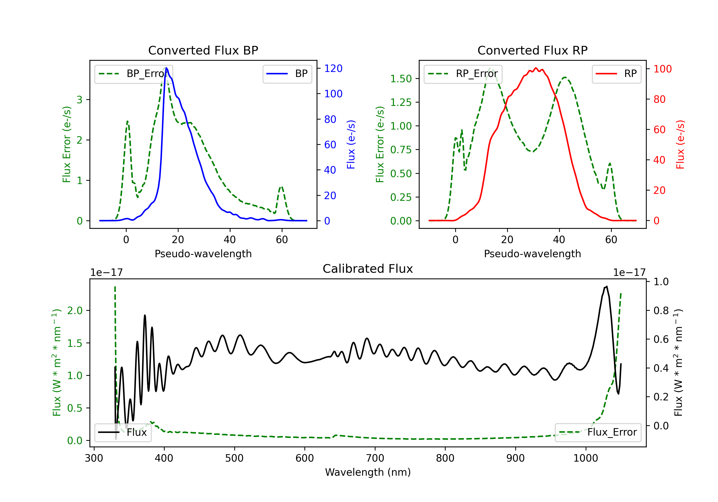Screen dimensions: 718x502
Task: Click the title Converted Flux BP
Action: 203,50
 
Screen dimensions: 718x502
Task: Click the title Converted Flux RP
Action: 532,50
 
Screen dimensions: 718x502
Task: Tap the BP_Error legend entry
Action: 134,74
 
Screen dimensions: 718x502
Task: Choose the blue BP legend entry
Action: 287,74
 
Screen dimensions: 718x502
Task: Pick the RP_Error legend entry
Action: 463,74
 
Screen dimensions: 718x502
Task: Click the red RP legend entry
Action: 616,74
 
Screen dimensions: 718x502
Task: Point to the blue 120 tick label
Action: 333,68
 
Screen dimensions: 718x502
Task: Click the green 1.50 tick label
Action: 401,79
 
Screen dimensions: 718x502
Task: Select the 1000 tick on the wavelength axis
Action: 585,458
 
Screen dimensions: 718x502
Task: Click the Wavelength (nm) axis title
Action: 368,472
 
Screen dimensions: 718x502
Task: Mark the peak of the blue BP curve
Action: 166,68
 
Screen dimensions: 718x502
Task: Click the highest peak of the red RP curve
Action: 536,68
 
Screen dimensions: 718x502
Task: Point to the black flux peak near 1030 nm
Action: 607,286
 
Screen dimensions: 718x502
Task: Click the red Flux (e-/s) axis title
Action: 680,145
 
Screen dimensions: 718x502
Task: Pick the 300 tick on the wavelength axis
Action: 94,458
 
